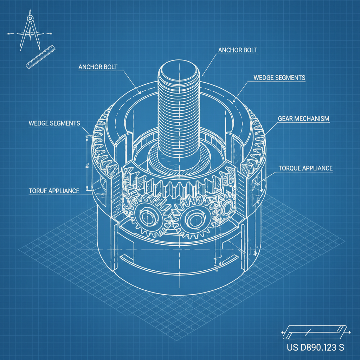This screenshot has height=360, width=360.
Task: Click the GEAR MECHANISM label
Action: [x=304, y=119]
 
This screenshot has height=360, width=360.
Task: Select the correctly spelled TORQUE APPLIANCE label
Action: [x=306, y=168]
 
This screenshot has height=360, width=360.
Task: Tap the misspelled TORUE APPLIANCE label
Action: [x=54, y=191]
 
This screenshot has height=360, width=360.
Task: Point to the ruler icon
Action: [x=41, y=56]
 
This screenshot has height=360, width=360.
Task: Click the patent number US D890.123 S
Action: [x=315, y=348]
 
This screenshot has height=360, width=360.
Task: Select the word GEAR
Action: [x=285, y=119]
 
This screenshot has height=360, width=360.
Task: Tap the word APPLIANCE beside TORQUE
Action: [x=318, y=168]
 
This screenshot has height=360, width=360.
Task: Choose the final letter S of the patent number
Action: [x=341, y=348]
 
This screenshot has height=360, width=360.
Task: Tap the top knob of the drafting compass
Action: [x=30, y=17]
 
